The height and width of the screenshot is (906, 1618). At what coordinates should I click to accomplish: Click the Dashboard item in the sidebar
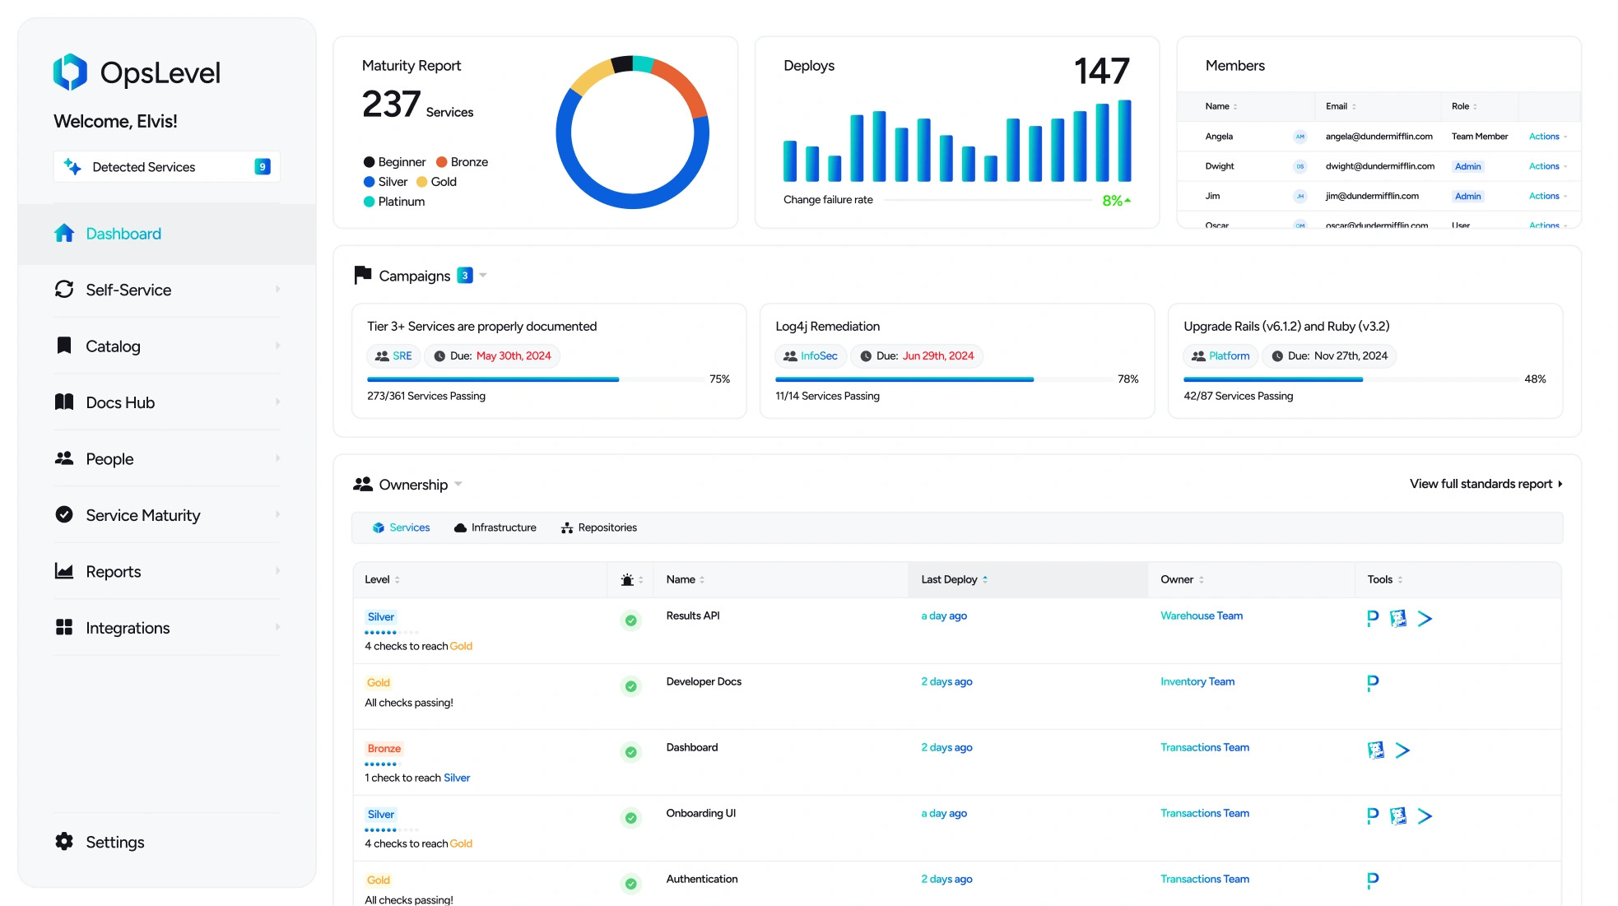point(123,234)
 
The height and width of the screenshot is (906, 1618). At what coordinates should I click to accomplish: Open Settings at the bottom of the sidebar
point(114,842)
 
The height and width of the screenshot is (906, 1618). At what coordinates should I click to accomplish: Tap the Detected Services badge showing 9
point(262,167)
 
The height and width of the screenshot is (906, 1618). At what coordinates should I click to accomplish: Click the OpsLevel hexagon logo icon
point(70,72)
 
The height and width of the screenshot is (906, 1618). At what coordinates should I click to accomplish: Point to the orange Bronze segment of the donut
point(683,86)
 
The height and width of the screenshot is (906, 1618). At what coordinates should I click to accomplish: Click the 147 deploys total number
point(1101,72)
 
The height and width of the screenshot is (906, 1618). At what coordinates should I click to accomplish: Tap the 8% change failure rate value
point(1113,201)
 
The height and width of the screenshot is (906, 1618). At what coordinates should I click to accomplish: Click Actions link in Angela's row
point(1544,137)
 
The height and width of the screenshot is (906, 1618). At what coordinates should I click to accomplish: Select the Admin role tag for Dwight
point(1467,166)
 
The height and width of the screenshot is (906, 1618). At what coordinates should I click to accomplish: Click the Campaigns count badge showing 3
point(465,276)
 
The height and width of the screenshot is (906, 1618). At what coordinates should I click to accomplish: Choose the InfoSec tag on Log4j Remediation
point(818,356)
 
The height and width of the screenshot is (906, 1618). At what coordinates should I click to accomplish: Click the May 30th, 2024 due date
point(514,356)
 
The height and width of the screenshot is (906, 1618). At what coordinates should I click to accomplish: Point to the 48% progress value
point(1535,379)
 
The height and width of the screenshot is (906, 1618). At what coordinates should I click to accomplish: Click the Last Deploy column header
point(949,579)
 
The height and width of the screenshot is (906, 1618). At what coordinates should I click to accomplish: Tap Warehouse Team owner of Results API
point(1201,616)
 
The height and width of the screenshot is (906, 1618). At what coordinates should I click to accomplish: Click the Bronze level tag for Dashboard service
point(384,749)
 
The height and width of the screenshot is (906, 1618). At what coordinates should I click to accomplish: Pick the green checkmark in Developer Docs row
point(630,686)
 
